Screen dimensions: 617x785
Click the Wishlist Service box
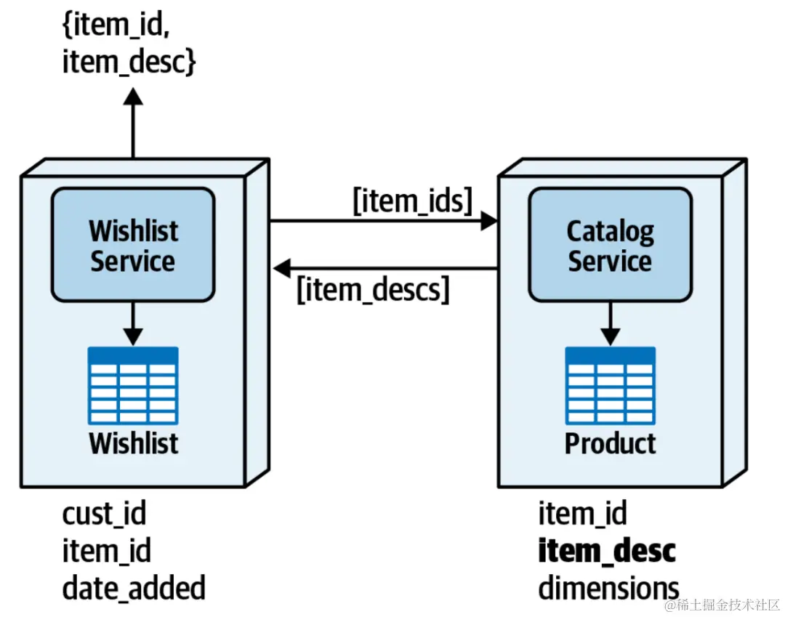(x=132, y=245)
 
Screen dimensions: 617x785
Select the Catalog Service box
(x=610, y=245)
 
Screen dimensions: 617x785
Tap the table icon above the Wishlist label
(x=133, y=385)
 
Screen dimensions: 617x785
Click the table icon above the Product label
(x=610, y=385)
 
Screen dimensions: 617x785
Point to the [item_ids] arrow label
(x=413, y=201)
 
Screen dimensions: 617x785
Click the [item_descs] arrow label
(x=374, y=290)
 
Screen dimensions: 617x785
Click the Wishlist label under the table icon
(x=134, y=443)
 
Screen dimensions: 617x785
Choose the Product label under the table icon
(x=610, y=443)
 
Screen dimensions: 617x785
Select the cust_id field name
(x=104, y=514)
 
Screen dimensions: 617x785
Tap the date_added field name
(x=134, y=587)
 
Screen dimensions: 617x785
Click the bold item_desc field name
(x=607, y=551)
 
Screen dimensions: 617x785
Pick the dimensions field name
(x=608, y=587)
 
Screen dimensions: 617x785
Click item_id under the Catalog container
(x=582, y=514)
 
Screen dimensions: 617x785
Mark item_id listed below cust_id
(x=106, y=551)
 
